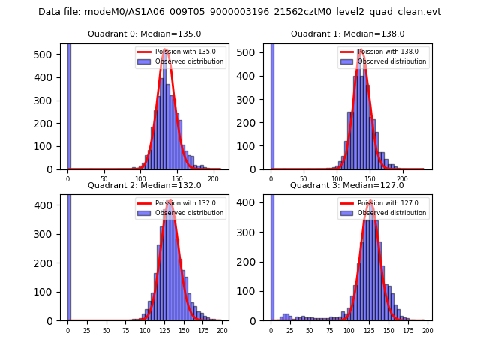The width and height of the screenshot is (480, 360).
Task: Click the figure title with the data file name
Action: click(239, 12)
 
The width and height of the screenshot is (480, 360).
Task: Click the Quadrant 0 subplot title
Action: click(144, 34)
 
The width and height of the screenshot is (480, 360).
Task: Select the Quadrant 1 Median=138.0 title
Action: click(347, 34)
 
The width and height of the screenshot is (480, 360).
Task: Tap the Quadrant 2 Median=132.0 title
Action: click(144, 185)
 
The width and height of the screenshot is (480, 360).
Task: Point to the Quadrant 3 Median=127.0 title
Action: click(347, 185)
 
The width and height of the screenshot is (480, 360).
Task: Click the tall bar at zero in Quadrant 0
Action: click(69, 105)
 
